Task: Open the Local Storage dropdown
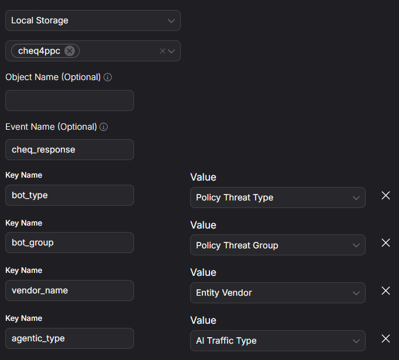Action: (x=93, y=20)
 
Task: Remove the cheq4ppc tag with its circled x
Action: (x=70, y=51)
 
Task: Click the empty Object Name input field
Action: (x=70, y=101)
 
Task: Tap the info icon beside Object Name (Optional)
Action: (x=108, y=77)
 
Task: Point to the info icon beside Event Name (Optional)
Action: (x=104, y=127)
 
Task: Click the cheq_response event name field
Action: (x=70, y=150)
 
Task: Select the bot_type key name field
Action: (x=70, y=195)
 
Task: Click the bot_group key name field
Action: (x=70, y=243)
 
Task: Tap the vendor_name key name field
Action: (x=70, y=290)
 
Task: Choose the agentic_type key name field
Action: (x=70, y=338)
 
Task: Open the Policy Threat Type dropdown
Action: (x=278, y=198)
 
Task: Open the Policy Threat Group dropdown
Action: (x=278, y=245)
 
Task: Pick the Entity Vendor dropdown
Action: (x=278, y=293)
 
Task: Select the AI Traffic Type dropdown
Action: (x=278, y=341)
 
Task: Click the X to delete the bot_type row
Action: (x=386, y=196)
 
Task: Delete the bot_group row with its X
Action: (x=386, y=243)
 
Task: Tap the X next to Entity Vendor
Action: (x=386, y=290)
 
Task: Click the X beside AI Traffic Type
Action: (x=386, y=338)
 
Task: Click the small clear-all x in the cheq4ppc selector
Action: (x=163, y=51)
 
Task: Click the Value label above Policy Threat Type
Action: (x=204, y=177)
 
